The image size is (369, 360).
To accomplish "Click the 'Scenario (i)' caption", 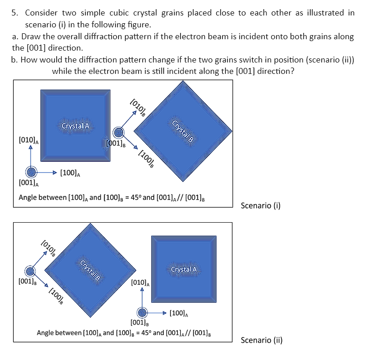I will coord(260,205).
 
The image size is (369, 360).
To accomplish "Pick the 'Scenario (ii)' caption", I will coord(261,340).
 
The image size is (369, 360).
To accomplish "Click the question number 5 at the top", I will coord(15,13).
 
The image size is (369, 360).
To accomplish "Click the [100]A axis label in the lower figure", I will coord(179,313).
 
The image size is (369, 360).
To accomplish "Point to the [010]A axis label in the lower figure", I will coord(139,283).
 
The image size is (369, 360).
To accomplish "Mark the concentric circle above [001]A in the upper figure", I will coord(31,172).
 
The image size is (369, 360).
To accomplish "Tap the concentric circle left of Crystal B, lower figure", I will coord(30,272).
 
